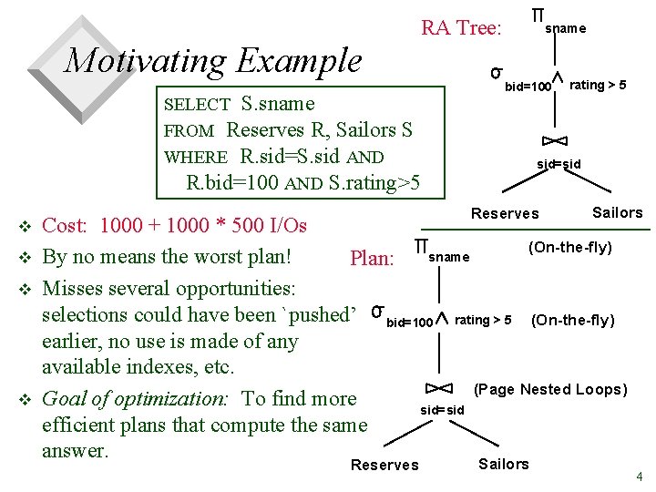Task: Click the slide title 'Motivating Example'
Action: coord(213,61)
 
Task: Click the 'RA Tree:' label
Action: coord(461,28)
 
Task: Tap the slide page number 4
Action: coord(640,477)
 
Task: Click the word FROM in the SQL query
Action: coord(190,131)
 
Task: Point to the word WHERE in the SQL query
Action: coord(196,157)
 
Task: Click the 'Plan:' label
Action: coord(372,259)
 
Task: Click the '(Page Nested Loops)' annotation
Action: coord(551,389)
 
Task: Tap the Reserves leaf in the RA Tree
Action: coord(505,213)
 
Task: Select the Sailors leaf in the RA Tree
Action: coord(617,212)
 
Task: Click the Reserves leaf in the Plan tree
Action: coord(384,465)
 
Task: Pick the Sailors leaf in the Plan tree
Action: coord(503,464)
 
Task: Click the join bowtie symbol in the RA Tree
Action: coord(555,139)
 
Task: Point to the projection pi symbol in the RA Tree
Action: coord(538,16)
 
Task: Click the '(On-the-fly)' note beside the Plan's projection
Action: coord(570,248)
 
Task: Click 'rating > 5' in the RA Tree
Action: coord(598,85)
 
